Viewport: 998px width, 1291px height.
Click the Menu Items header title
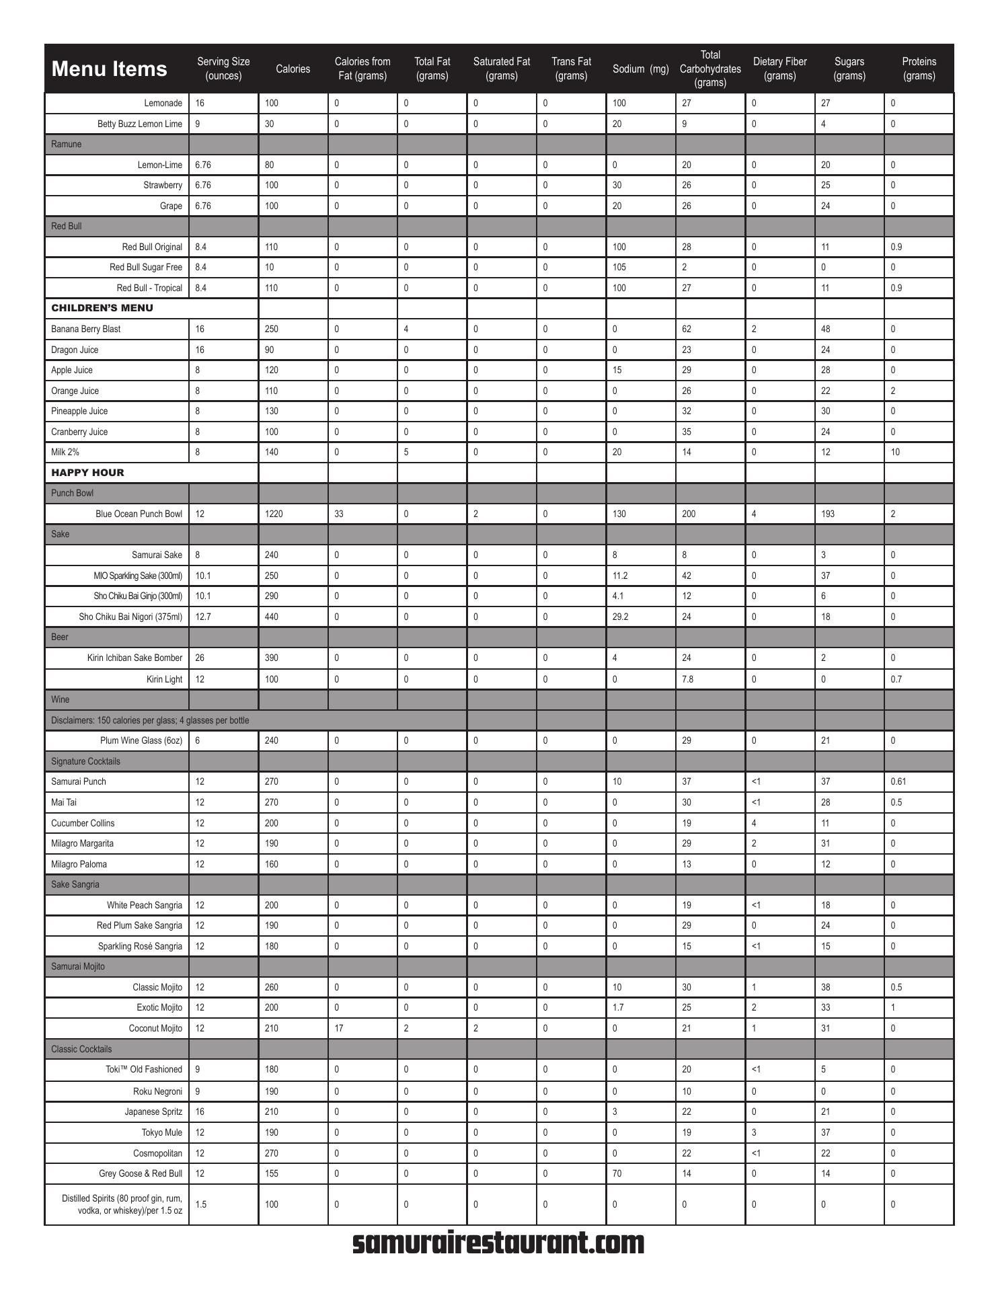(x=109, y=69)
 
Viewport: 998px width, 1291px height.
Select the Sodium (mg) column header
(x=640, y=69)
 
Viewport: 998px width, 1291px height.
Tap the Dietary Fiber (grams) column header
(x=779, y=69)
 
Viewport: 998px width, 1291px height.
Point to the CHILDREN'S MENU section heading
(x=102, y=308)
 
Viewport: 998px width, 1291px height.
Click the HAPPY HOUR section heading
(x=87, y=473)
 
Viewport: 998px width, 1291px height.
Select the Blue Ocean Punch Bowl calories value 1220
(x=274, y=514)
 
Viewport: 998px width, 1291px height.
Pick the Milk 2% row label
(x=65, y=452)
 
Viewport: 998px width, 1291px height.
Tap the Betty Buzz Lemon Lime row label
(x=140, y=124)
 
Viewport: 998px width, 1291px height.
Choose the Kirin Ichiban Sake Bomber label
(x=135, y=658)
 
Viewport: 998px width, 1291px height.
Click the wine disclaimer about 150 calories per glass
(x=150, y=720)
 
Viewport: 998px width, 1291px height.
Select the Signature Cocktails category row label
(x=85, y=761)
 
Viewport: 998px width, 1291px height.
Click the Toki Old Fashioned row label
(x=144, y=1069)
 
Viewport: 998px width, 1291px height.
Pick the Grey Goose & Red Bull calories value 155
(x=272, y=1173)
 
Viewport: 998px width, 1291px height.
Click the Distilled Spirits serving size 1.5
(x=200, y=1204)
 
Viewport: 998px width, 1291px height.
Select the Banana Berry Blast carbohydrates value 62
(x=687, y=329)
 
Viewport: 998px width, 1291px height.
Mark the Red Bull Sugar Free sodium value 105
(x=619, y=267)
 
